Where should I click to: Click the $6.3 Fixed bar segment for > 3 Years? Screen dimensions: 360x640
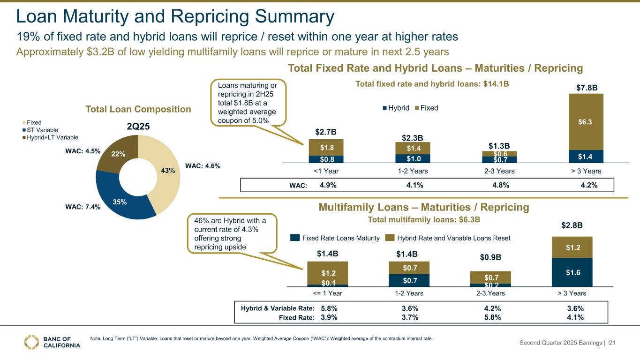pos(586,121)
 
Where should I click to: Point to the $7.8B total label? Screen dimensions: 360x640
pos(586,88)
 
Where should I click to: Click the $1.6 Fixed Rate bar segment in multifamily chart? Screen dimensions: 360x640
pos(572,271)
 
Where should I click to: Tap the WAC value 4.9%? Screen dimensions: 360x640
pos(328,185)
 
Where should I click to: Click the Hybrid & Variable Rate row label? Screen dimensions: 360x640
pos(277,308)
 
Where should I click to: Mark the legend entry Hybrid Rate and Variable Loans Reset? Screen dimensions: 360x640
pos(448,238)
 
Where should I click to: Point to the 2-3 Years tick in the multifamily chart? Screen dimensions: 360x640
pos(490,293)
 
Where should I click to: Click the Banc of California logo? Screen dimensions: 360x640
pos(52,342)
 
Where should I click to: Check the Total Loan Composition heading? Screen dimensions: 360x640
pos(138,109)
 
